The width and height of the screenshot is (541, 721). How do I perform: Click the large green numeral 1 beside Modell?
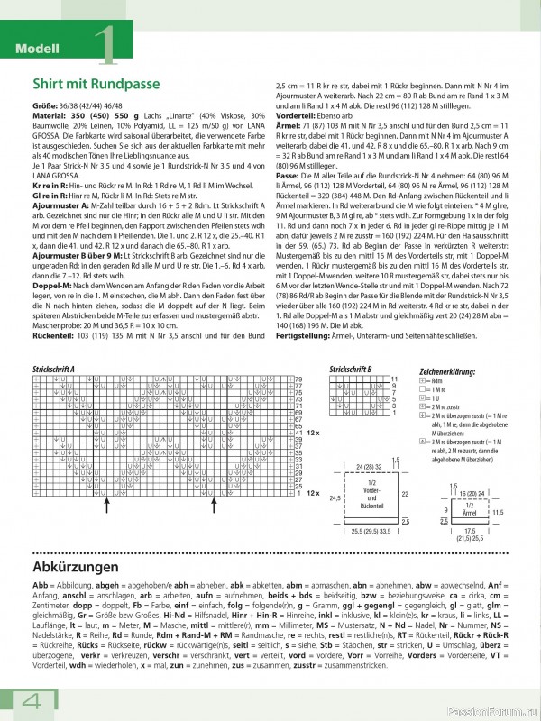tap(105, 45)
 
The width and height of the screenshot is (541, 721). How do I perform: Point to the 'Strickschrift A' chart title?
tap(53, 370)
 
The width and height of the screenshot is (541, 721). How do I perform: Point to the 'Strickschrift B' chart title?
tap(351, 370)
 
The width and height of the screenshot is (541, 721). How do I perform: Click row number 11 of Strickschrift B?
tap(394, 379)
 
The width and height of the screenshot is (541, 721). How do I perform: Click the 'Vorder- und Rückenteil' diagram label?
tap(372, 496)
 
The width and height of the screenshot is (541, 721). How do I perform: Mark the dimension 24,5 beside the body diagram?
tap(333, 497)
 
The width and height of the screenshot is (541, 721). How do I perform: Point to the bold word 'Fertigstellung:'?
tap(299, 334)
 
